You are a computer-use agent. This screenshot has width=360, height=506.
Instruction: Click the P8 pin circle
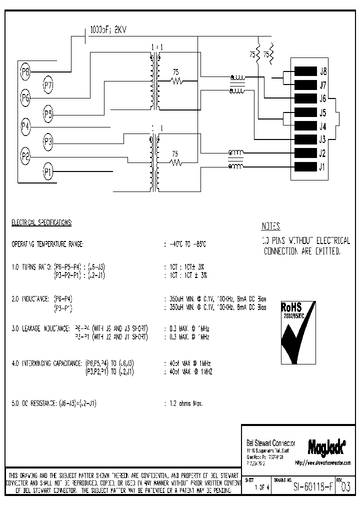[26, 72]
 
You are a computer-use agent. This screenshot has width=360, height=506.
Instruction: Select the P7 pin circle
[48, 86]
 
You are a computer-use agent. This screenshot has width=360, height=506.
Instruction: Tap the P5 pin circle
[48, 114]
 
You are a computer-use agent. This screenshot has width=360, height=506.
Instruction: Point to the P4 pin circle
[26, 125]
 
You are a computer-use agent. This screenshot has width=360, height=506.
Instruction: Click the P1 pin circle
[48, 172]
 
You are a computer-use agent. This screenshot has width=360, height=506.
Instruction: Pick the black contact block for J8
[306, 71]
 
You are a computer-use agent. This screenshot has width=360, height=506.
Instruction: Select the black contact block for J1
[306, 167]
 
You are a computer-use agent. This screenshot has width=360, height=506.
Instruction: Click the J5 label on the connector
[323, 112]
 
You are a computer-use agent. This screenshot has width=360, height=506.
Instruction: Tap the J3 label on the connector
[323, 139]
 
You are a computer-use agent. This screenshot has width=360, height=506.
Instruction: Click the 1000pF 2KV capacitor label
[108, 30]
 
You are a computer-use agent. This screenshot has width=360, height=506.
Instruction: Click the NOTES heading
[271, 226]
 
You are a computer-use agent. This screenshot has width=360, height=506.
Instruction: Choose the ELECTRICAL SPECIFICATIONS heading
[41, 221]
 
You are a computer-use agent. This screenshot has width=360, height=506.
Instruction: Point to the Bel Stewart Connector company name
[271, 443]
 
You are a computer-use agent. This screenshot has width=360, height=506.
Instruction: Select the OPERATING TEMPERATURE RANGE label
[47, 244]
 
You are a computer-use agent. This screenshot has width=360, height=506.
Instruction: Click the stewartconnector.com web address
[323, 463]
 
